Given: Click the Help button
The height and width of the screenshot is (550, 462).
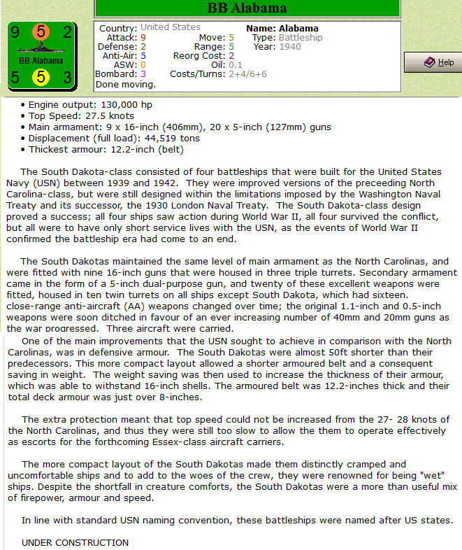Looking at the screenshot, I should (433, 63).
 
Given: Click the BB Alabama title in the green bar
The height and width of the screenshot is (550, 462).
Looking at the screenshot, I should (247, 8).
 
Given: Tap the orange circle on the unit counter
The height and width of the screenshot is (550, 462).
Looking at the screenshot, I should (41, 32).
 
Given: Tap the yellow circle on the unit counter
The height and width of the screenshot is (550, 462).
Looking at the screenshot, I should (41, 77).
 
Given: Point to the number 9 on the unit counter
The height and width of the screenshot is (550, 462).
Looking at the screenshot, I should (15, 32).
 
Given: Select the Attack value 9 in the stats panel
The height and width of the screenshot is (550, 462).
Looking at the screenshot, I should (143, 37).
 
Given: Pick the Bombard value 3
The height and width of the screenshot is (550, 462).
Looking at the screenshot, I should (143, 73).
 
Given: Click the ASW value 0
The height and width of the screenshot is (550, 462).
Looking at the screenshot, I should (143, 64).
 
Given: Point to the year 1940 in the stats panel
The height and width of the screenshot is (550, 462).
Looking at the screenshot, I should (291, 46).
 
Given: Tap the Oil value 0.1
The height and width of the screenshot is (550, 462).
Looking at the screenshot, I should (236, 64).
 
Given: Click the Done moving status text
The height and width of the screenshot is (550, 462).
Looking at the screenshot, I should (125, 84).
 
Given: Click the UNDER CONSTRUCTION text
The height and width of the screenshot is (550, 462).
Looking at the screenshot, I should (75, 542).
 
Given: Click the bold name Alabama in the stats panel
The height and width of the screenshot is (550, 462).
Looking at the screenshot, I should (300, 27).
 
